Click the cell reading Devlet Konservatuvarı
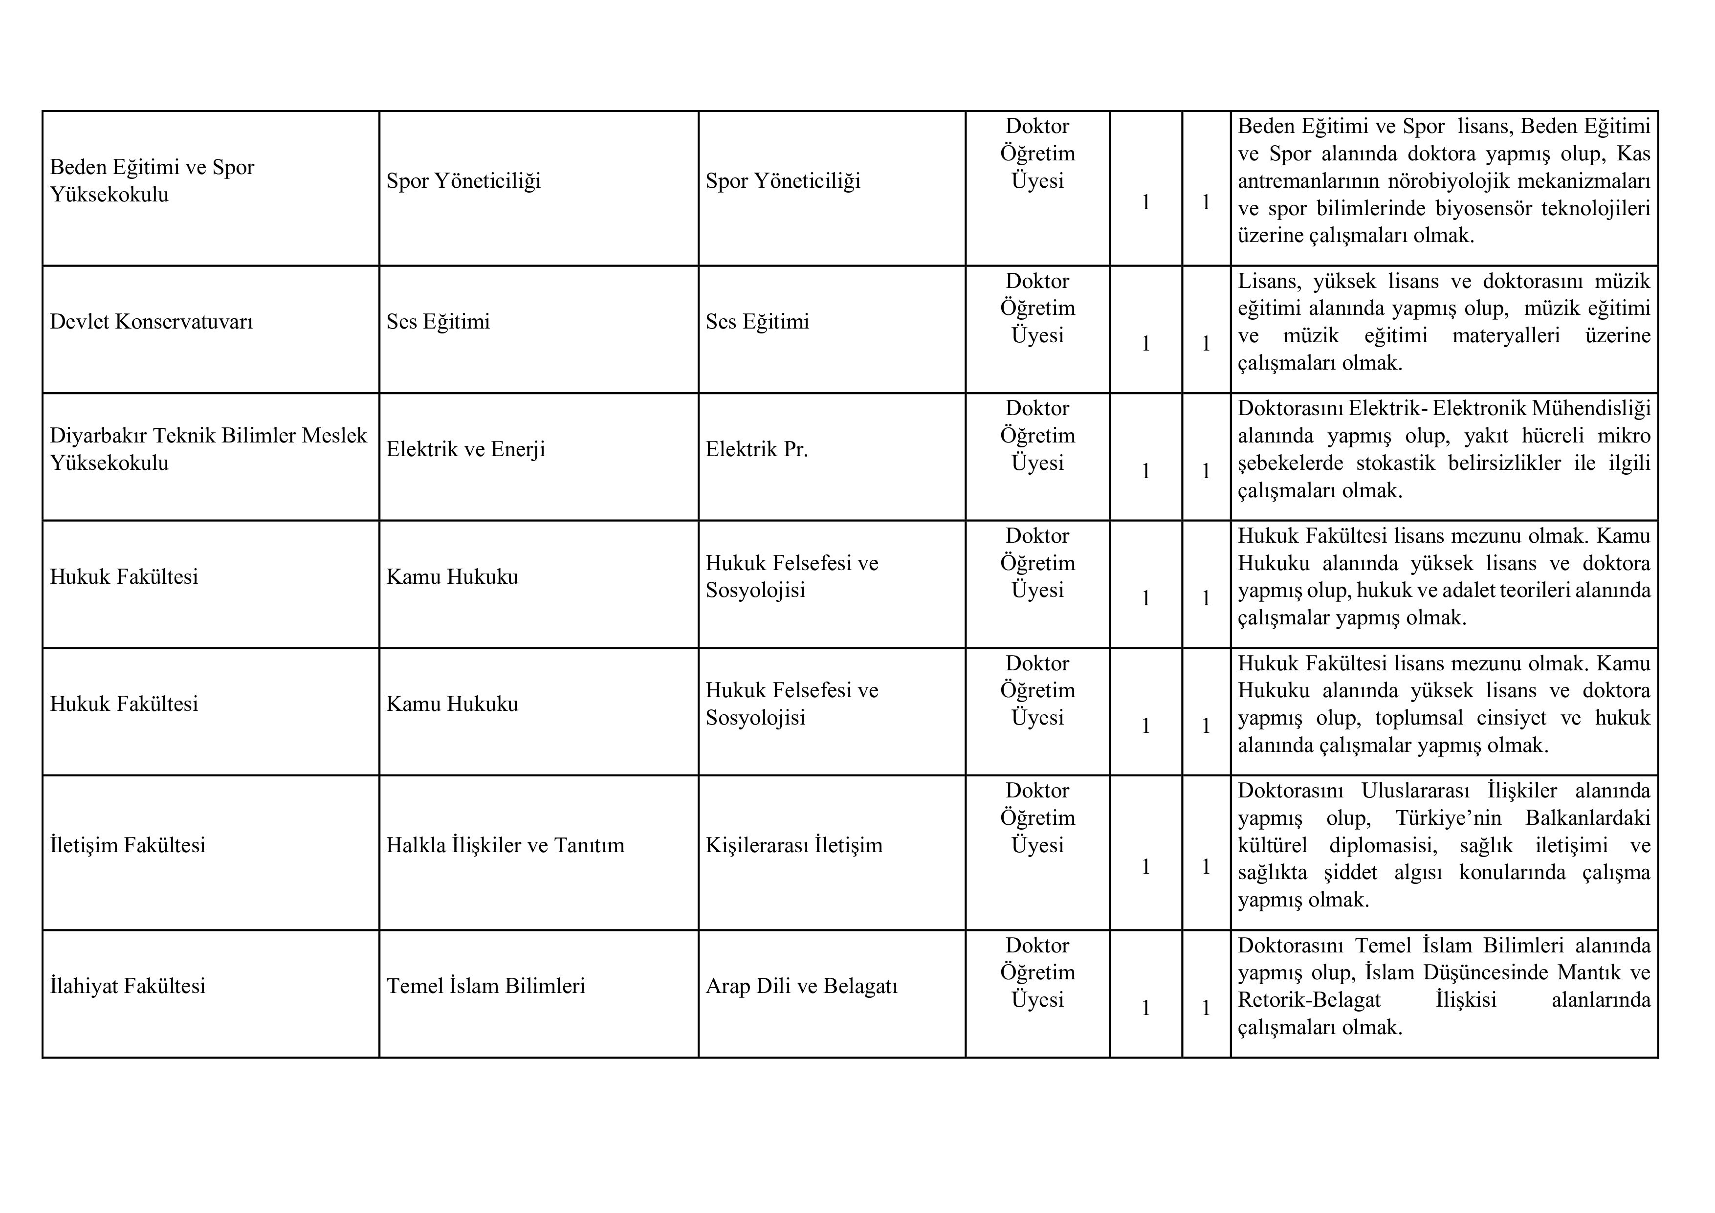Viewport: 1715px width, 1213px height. pos(152,322)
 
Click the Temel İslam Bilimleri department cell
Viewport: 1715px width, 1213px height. pos(485,986)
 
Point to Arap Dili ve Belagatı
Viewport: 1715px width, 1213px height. pos(801,986)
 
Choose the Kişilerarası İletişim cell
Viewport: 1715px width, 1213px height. pos(794,845)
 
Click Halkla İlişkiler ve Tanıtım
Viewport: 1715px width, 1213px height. pos(505,845)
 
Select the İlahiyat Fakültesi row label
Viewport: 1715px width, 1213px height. pos(128,986)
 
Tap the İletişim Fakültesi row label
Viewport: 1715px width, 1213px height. pos(128,845)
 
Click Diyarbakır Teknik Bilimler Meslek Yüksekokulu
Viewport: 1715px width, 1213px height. pos(208,449)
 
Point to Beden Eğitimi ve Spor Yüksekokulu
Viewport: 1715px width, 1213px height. pos(153,181)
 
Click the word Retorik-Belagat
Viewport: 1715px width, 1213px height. pos(1309,1000)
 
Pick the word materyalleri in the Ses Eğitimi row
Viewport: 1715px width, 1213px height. pos(1506,335)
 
